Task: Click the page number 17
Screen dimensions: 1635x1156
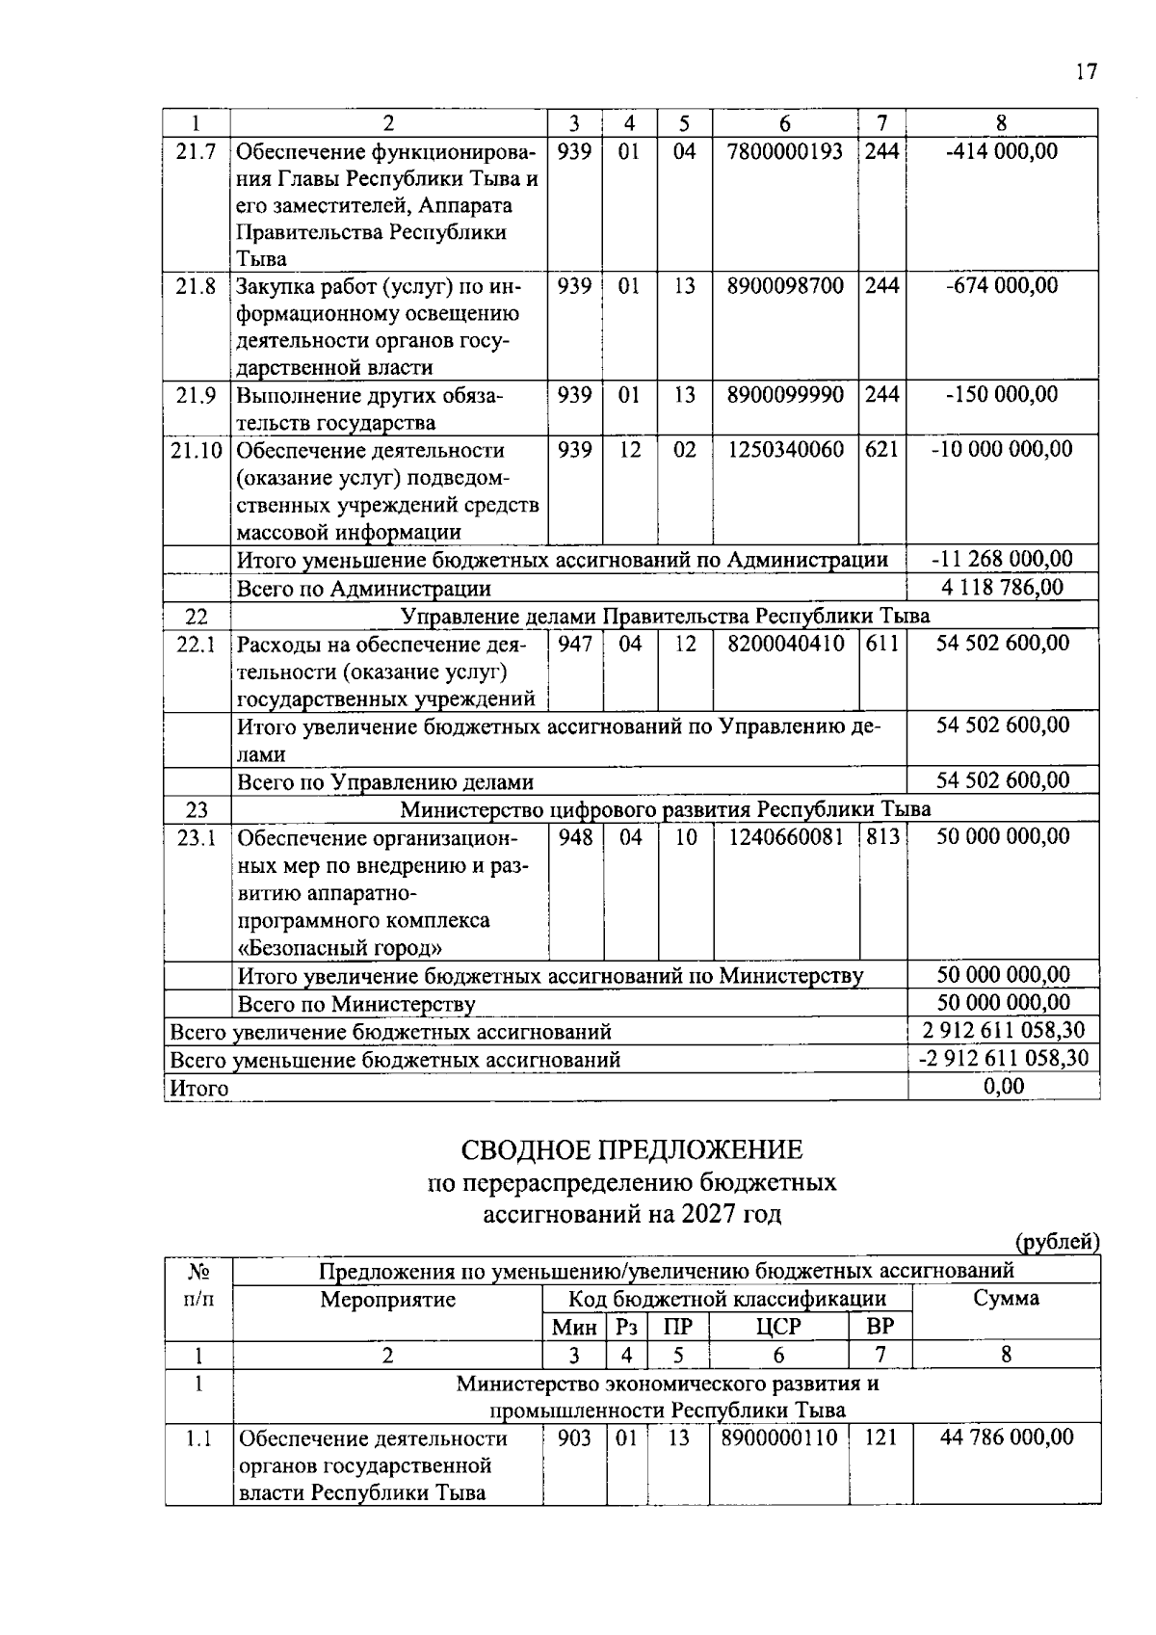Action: (x=1086, y=72)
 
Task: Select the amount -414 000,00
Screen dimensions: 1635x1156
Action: (x=1002, y=151)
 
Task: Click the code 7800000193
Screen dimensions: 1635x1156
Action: (x=785, y=151)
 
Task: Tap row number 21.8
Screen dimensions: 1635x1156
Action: (x=197, y=286)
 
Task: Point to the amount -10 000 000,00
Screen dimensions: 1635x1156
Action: (x=1002, y=450)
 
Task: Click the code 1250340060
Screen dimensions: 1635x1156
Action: (x=785, y=450)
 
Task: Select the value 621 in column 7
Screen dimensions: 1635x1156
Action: (x=880, y=450)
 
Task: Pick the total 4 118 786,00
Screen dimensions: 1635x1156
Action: (x=1002, y=587)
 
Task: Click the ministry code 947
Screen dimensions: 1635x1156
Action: (x=575, y=644)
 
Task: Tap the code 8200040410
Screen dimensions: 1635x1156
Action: (x=785, y=644)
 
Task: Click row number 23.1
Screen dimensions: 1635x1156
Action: (x=197, y=837)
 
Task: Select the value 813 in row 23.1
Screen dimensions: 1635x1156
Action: (x=881, y=837)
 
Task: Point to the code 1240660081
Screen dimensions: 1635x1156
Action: (x=785, y=837)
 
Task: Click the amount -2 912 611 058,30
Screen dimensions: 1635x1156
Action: (x=1002, y=1059)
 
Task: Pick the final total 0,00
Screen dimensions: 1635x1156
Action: (x=1003, y=1087)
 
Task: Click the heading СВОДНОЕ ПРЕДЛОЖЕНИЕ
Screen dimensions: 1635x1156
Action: (x=631, y=1150)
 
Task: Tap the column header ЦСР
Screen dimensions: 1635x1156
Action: (x=778, y=1327)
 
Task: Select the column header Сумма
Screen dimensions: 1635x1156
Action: (x=1006, y=1299)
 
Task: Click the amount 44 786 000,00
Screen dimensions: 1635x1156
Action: (x=1006, y=1437)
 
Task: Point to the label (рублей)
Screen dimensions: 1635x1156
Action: (x=1057, y=1243)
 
